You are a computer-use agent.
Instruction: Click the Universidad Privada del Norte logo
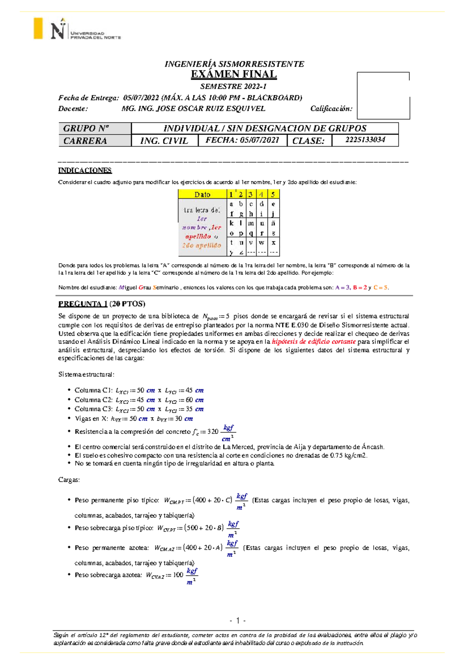[x=78, y=29]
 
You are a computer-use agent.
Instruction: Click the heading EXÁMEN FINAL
[x=234, y=74]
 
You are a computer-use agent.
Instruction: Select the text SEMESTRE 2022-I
[x=233, y=86]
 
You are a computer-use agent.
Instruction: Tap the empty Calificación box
[x=383, y=96]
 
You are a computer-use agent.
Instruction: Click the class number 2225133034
[x=365, y=140]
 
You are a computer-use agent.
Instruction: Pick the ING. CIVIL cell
[x=164, y=141]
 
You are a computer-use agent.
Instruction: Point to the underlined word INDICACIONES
[x=85, y=170]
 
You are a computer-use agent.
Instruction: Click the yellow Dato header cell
[x=202, y=194]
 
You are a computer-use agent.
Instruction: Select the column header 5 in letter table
[x=273, y=194]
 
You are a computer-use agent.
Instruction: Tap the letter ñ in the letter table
[x=273, y=223]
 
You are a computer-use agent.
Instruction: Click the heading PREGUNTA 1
[x=83, y=304]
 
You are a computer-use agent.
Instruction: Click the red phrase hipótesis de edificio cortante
[x=314, y=342]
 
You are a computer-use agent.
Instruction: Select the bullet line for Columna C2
[x=139, y=400]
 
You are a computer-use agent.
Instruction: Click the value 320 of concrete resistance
[x=213, y=432]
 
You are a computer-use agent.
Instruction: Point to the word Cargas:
[x=69, y=480]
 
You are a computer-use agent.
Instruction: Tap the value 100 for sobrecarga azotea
[x=178, y=575]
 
